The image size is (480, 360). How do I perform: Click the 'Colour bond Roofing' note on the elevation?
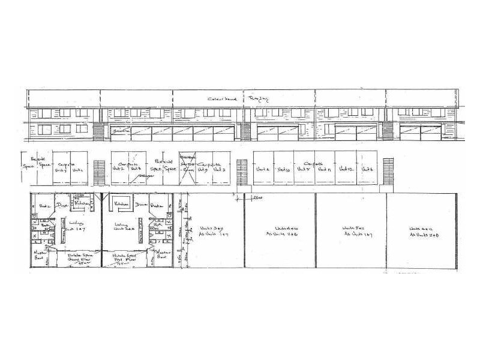[x=232, y=99]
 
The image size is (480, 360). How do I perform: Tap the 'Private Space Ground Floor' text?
[x=73, y=259]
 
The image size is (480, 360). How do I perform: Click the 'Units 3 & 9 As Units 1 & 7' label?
[x=207, y=232]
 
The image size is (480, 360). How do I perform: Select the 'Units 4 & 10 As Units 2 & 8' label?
[x=279, y=232]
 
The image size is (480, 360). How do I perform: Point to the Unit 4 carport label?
[x=263, y=170]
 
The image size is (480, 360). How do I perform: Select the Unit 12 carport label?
[x=345, y=170]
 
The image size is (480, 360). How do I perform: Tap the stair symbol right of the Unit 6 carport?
[x=387, y=169]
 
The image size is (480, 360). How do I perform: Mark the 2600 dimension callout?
[x=257, y=198]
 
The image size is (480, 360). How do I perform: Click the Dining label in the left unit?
[x=61, y=205]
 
